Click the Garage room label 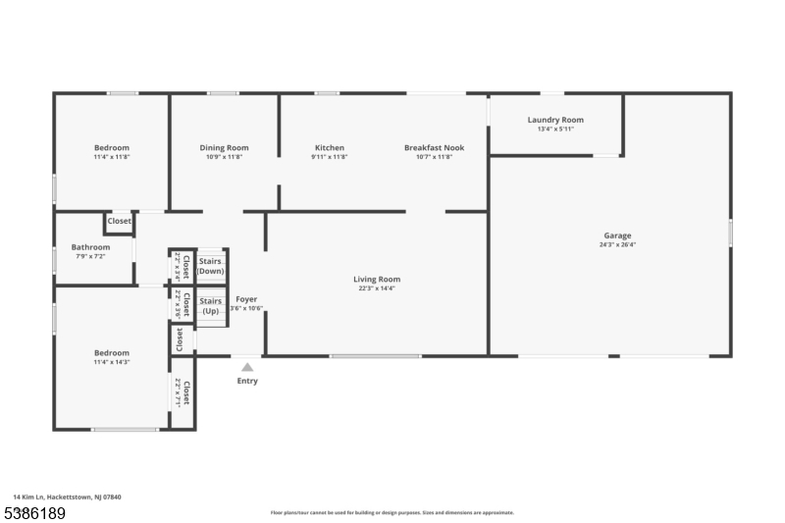point(617,235)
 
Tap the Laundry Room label point(555,120)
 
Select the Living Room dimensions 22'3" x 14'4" point(377,288)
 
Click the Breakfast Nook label point(434,148)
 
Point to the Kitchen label point(329,148)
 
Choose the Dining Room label point(224,148)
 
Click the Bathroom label point(90,247)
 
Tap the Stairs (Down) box point(211,266)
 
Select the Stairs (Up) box point(211,306)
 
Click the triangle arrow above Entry point(247,367)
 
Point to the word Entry point(247,381)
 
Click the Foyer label point(247,299)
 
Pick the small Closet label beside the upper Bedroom point(119,222)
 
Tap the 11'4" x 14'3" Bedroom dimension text point(111,362)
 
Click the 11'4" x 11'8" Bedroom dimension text point(111,157)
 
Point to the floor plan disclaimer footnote point(392,512)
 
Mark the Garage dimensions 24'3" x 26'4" point(617,244)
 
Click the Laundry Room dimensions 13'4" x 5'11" point(555,129)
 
